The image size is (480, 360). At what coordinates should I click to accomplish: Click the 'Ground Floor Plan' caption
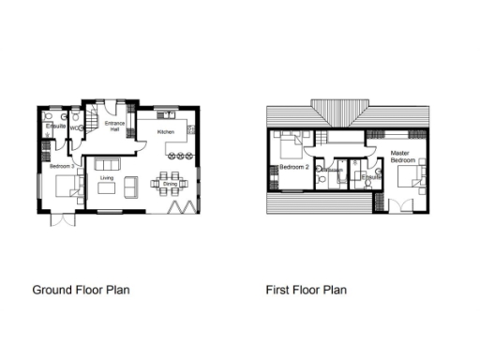tap(81, 290)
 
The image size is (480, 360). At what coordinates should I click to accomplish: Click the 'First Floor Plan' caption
tap(306, 290)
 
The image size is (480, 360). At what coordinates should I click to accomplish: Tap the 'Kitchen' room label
tap(166, 133)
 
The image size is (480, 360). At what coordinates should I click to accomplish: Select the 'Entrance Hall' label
tap(115, 127)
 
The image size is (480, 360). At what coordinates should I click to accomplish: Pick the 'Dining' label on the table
tap(170, 184)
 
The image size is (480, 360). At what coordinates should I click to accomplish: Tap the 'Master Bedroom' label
tap(402, 157)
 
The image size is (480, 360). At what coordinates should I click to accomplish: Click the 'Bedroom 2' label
tap(295, 167)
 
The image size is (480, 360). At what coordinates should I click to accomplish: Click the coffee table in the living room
tap(107, 189)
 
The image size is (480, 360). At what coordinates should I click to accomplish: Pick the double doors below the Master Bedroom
tap(397, 205)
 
